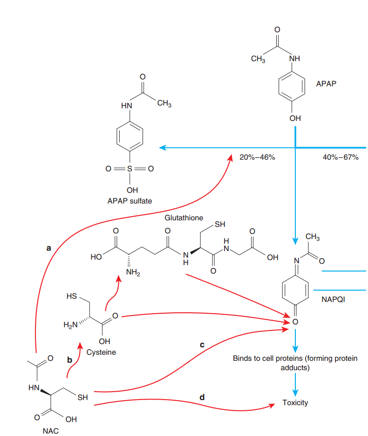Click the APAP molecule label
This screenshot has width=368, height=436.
pyautogui.click(x=326, y=84)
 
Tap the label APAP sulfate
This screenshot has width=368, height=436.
pyautogui.click(x=129, y=201)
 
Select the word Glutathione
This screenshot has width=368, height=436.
pyautogui.click(x=184, y=218)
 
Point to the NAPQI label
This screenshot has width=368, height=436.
pyautogui.click(x=333, y=299)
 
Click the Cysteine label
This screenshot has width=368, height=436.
pyautogui.click(x=101, y=352)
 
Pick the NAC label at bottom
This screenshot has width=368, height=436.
pyautogui.click(x=51, y=431)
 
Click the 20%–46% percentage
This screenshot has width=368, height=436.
pyautogui.click(x=257, y=157)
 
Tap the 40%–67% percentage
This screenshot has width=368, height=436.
pyautogui.click(x=341, y=157)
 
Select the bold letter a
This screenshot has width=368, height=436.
pyautogui.click(x=49, y=248)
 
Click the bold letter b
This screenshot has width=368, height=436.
pyautogui.click(x=70, y=360)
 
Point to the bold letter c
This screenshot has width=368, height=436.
pyautogui.click(x=202, y=345)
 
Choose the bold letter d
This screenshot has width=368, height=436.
pyautogui.click(x=202, y=397)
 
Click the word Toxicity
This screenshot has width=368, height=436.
pyautogui.click(x=295, y=403)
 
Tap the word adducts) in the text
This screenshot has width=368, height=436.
pyautogui.click(x=295, y=367)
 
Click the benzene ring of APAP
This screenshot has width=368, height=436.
pyautogui.click(x=292, y=86)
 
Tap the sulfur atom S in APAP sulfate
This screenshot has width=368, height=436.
pyautogui.click(x=129, y=169)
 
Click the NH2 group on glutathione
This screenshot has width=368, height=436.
pyautogui.click(x=133, y=272)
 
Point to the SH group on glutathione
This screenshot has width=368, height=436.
pyautogui.click(x=220, y=225)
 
